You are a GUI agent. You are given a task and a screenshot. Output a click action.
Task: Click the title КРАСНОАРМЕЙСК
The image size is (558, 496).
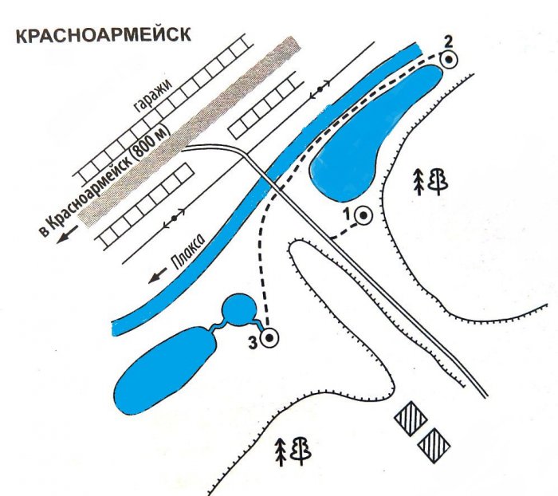tap(104, 35)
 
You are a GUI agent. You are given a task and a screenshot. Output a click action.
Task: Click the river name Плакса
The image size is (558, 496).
tap(188, 253)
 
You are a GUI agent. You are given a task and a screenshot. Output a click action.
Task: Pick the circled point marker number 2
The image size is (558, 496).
tap(449, 59)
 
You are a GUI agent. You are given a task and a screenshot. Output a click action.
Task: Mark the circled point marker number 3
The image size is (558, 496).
tap(269, 338)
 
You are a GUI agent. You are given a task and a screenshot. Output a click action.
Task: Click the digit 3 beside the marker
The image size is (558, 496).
tap(253, 343)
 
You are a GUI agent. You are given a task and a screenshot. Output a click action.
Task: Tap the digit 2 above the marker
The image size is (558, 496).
tap(448, 42)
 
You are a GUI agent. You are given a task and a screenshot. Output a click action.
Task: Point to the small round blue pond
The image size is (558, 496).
tap(238, 310)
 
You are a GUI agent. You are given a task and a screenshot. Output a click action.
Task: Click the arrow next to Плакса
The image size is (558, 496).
tap(157, 276)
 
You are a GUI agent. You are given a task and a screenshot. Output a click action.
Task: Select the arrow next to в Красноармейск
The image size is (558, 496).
tap(67, 234)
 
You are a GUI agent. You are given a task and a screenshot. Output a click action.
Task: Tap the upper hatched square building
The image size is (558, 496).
tap(411, 419)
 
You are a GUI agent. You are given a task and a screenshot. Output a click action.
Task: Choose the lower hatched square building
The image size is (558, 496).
tap(434, 445)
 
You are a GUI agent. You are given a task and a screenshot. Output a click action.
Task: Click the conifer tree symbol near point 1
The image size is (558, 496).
tap(419, 182)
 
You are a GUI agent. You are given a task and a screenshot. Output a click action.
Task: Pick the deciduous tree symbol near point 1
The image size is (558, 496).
tap(438, 182)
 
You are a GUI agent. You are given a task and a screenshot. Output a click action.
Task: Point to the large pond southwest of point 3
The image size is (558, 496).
tap(166, 370)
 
